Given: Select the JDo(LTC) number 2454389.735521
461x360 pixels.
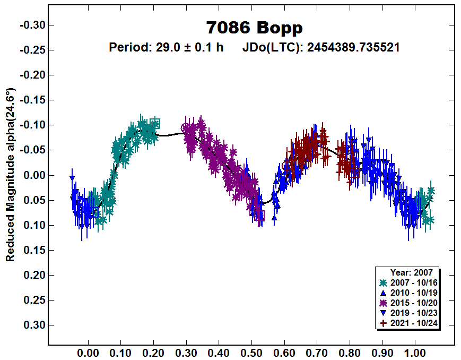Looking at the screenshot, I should pos(353,47).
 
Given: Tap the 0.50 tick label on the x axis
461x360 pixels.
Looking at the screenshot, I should pos(251,352).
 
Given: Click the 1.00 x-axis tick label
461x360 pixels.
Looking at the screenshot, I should pos(415,352).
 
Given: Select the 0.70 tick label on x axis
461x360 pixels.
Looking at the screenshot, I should pos(317,352).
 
